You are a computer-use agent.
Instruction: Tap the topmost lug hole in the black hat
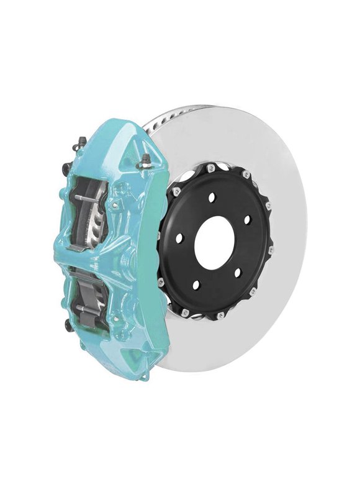coord(212,197)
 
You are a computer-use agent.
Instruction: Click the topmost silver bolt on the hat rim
coord(212,167)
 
